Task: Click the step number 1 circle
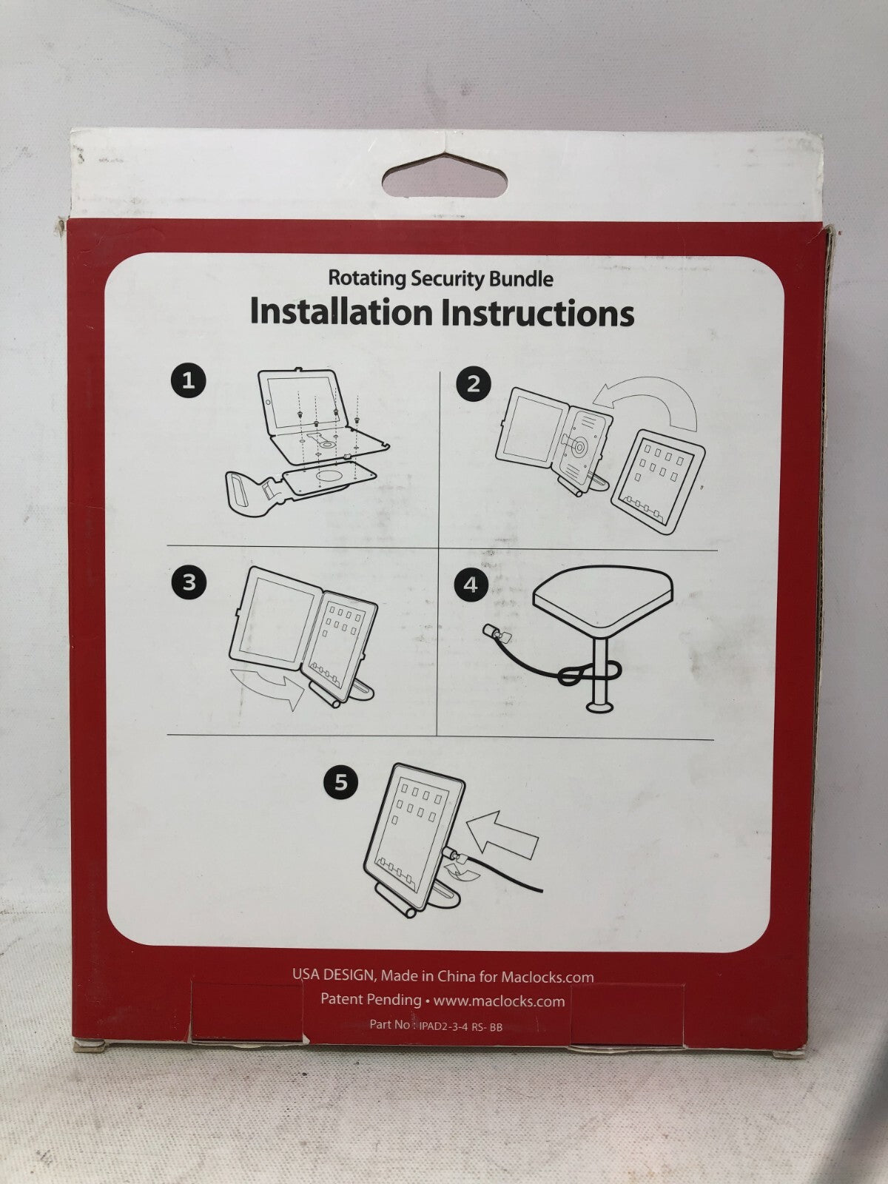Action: [x=188, y=381]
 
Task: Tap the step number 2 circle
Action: [x=474, y=383]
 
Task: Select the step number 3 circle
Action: [x=189, y=583]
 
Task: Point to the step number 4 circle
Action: [x=471, y=585]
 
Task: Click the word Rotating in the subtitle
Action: [x=367, y=278]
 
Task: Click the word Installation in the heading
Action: [x=342, y=313]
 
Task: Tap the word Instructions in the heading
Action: [x=537, y=314]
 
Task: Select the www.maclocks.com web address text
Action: [x=499, y=1001]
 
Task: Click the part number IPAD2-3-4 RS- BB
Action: [x=460, y=1027]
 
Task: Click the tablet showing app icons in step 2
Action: [x=658, y=481]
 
